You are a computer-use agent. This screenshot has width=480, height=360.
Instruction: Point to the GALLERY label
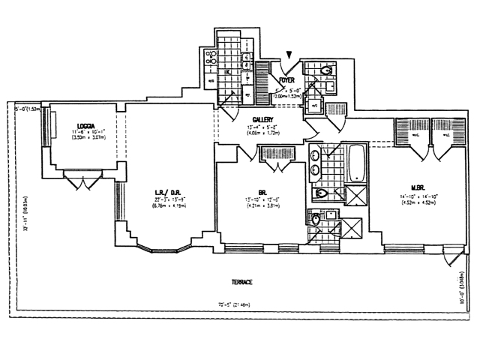(x=262, y=119)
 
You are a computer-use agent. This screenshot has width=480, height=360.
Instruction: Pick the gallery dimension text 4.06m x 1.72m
(x=262, y=133)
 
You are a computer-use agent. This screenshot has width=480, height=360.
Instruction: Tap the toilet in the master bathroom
(x=321, y=193)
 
